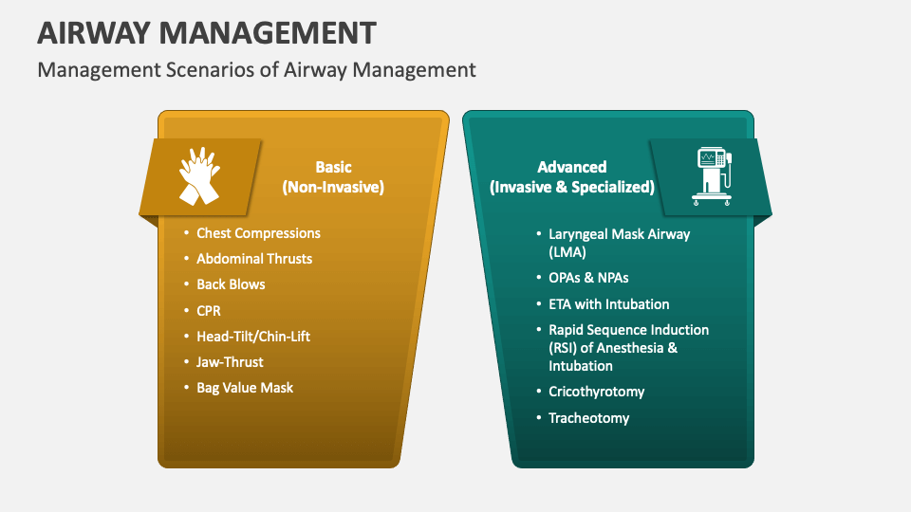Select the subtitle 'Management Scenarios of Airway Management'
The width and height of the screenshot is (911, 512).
pyautogui.click(x=256, y=69)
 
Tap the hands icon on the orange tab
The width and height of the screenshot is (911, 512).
pyautogui.click(x=199, y=175)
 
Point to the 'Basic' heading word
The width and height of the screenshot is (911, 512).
pyautogui.click(x=333, y=167)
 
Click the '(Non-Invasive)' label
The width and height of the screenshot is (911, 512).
pyautogui.click(x=333, y=187)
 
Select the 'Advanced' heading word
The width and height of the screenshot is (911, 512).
pyautogui.click(x=572, y=167)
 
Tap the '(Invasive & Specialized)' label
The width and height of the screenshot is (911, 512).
pyautogui.click(x=572, y=187)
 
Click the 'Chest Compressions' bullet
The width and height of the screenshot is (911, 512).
pyautogui.click(x=258, y=233)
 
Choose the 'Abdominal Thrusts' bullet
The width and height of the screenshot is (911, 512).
pyautogui.click(x=254, y=259)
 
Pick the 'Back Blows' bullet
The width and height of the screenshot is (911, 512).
pyautogui.click(x=231, y=284)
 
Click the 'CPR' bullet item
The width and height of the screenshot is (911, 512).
pyautogui.click(x=209, y=310)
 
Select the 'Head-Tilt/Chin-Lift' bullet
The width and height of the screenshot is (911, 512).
pyautogui.click(x=253, y=337)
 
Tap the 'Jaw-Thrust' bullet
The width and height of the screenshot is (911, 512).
pyautogui.click(x=230, y=362)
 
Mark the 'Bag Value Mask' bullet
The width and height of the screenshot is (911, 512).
pyautogui.click(x=245, y=388)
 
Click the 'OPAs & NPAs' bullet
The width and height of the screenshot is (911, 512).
pyautogui.click(x=588, y=278)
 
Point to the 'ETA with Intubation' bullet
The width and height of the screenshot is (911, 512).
pyautogui.click(x=609, y=304)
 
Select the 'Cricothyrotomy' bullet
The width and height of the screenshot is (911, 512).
pyautogui.click(x=596, y=392)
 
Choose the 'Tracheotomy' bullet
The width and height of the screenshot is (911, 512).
pyautogui.click(x=588, y=418)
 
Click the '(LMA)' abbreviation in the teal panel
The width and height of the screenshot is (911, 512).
pyautogui.click(x=567, y=252)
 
